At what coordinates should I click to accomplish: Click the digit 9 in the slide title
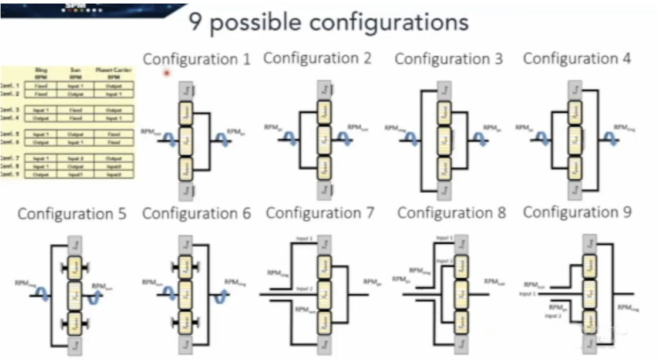coord(196,22)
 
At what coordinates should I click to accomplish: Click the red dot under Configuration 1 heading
coord(167,73)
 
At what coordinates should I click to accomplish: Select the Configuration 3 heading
coord(449,59)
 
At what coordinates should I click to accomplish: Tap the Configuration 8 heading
coord(451,213)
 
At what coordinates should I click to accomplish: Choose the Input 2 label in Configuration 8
coord(444,260)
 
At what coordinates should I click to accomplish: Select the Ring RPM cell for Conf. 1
coord(41,86)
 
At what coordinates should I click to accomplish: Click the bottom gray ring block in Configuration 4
coord(576,188)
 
